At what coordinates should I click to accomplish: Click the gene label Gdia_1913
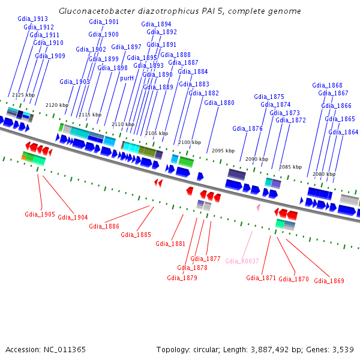pos(32,19)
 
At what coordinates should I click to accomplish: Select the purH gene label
pos(127,78)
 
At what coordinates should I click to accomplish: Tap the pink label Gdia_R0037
pos(242,261)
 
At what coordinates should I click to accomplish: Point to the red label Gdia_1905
pos(40,214)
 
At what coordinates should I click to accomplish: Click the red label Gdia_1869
pos(329,281)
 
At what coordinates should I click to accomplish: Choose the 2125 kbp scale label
pos(23,95)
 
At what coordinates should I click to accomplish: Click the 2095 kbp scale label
pos(223,151)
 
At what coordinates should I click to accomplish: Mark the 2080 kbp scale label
pos(324,174)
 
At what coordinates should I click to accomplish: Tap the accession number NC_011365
pos(65,350)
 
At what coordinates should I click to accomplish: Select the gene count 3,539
pos(343,350)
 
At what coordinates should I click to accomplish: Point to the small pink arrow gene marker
pos(259,208)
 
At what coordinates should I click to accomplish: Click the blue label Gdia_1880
pos(219,103)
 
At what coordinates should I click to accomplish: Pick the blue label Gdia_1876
pos(247,128)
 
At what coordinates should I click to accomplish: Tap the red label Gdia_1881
pos(170,244)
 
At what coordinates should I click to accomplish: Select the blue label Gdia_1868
pos(327,85)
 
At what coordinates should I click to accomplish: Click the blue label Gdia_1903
pos(74,82)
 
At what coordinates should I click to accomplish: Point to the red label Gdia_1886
pos(104,226)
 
